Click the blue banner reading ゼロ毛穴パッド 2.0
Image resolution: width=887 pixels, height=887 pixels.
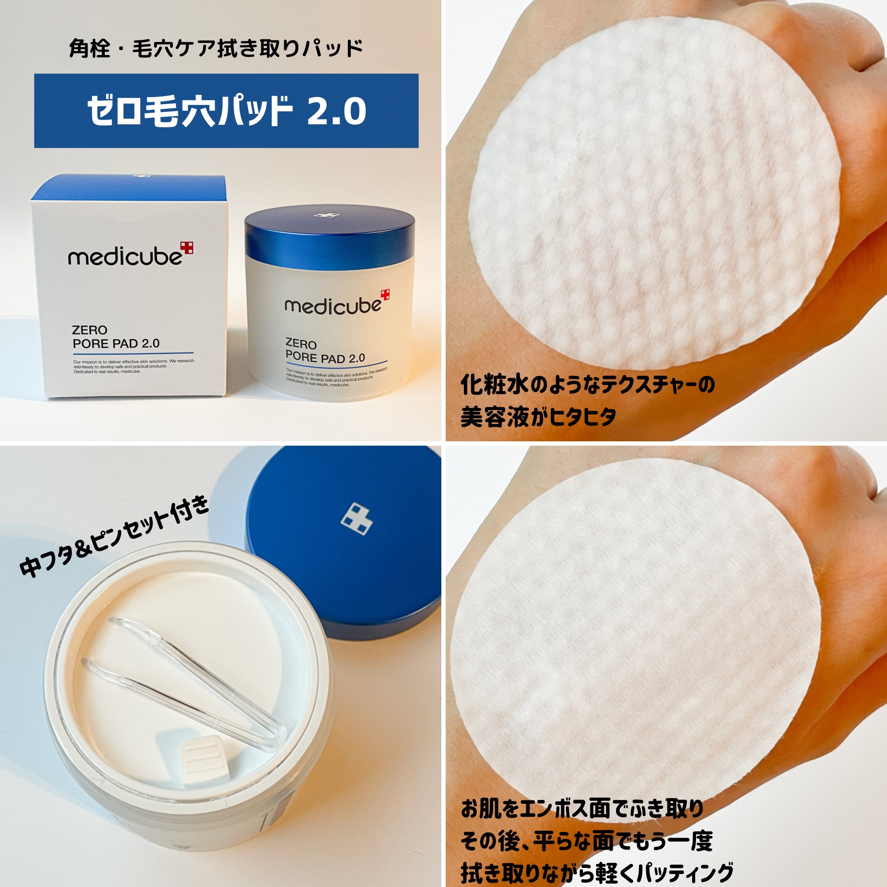226,110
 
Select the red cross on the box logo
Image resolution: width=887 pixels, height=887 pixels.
187,248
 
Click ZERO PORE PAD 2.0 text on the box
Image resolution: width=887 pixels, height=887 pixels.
116,337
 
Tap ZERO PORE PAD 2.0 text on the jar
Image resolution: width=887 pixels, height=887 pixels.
324,351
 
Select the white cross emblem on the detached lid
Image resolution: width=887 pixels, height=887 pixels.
356,520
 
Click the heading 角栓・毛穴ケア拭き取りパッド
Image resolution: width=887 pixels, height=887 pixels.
216,49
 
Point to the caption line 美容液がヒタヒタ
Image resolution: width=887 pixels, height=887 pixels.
538,417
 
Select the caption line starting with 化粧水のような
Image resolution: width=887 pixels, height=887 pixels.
588,385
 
